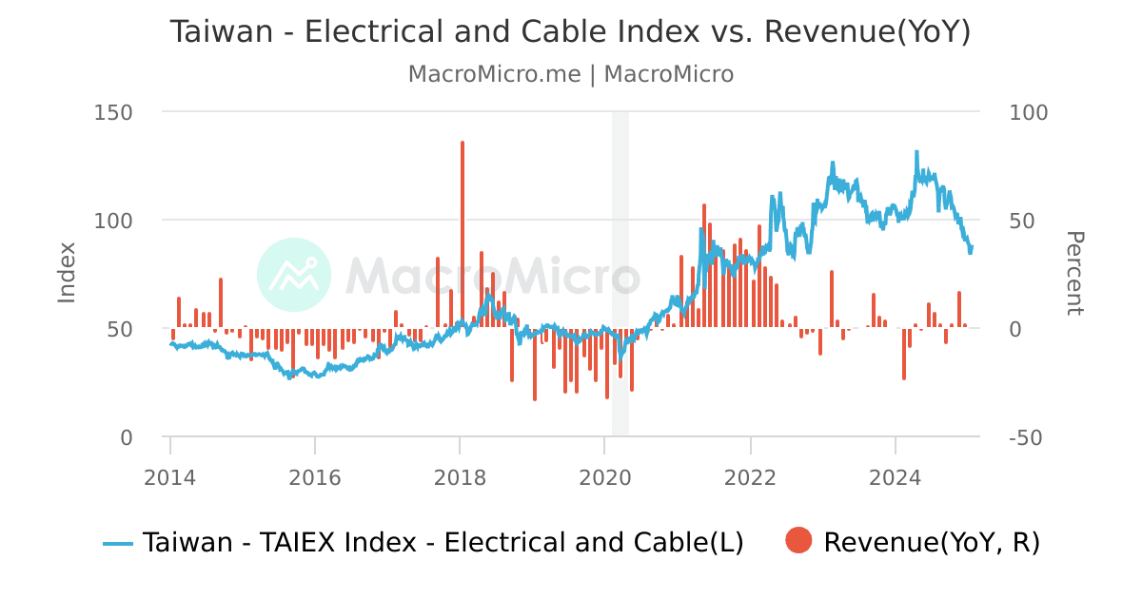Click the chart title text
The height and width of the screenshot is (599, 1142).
[570, 31]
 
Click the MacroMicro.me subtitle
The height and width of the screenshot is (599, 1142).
[570, 74]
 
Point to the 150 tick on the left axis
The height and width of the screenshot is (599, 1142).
[113, 112]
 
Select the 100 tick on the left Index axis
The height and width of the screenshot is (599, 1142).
[113, 221]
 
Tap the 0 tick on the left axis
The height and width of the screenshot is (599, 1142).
[126, 437]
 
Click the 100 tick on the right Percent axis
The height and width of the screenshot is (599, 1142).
[1028, 112]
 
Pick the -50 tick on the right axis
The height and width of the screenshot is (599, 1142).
[1028, 437]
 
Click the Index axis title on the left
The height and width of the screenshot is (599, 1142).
[67, 273]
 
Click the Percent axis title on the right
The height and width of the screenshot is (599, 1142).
[1073, 273]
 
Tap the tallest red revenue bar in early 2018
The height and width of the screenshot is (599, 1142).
[463, 228]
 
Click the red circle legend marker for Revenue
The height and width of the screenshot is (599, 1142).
[798, 542]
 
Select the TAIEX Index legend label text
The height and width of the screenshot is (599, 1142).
[443, 542]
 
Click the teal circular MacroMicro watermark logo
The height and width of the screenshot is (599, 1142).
[294, 275]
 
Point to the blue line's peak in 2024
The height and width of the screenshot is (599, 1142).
[916, 152]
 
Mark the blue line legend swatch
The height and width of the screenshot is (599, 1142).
[118, 543]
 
